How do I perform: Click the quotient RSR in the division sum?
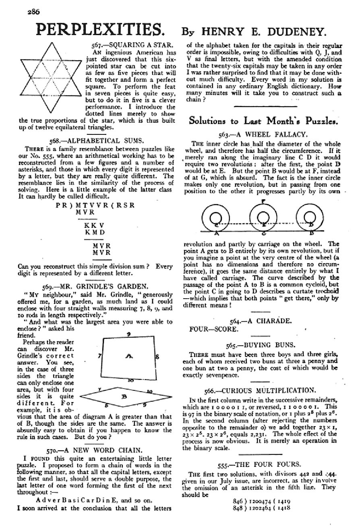pyautogui.click(x=125, y=204)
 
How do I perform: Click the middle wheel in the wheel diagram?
pyautogui.click(x=263, y=218)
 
